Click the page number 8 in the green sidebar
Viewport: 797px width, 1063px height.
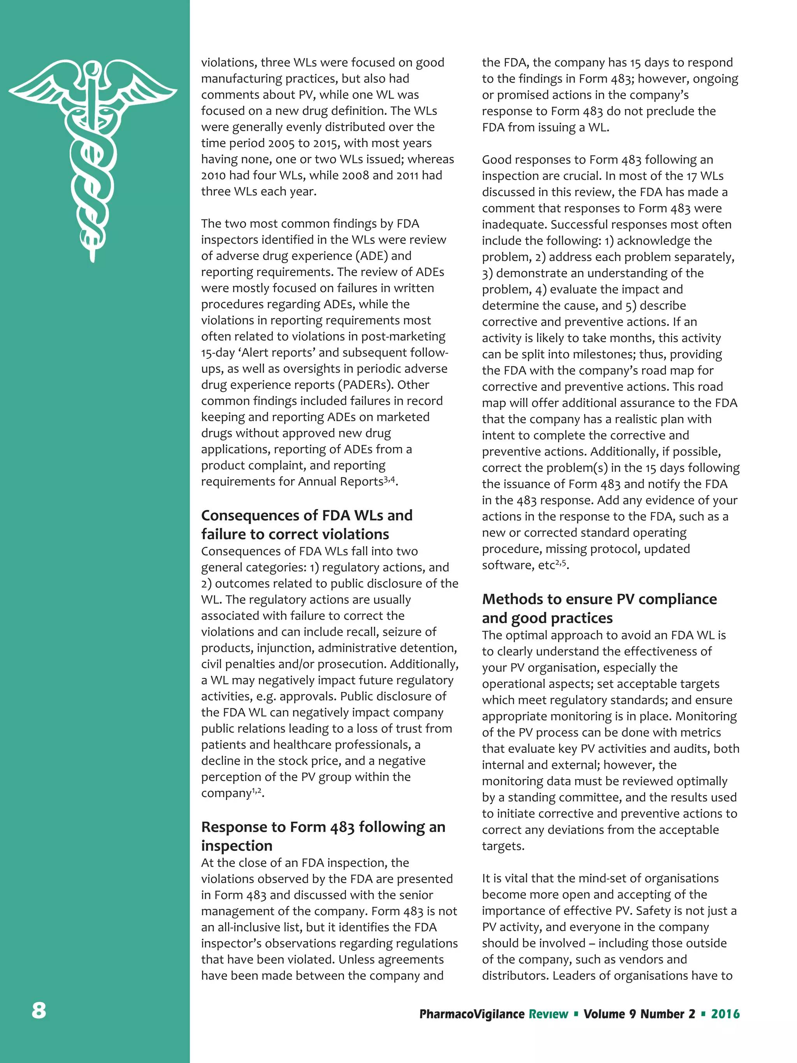click(39, 1010)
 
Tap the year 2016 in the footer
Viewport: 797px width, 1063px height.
click(725, 1014)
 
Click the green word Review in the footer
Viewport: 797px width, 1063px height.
click(548, 1014)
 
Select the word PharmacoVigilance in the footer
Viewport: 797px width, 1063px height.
click(471, 1014)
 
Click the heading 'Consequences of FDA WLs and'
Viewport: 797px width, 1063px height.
click(307, 515)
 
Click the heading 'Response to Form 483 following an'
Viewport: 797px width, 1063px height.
click(323, 827)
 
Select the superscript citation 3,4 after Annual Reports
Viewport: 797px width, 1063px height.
click(389, 479)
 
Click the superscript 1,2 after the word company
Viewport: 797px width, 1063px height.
click(256, 791)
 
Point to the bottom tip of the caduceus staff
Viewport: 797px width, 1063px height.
click(93, 260)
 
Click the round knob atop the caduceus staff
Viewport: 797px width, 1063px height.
click(93, 70)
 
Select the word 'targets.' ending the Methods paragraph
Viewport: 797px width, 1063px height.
click(503, 846)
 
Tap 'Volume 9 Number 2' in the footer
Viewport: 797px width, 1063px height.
click(639, 1014)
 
